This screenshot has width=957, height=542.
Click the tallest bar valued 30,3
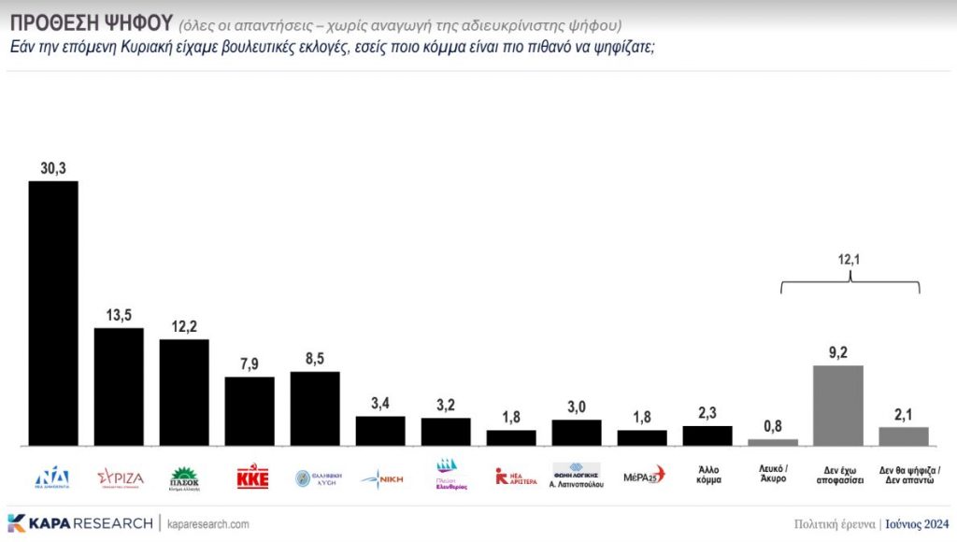53,312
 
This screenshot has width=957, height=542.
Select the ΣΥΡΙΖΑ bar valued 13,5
119,386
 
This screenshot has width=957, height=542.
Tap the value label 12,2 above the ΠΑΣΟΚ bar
184,326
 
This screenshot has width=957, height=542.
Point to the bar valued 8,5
315,408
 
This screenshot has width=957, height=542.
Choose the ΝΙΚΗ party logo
380,478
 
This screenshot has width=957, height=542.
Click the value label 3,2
446,405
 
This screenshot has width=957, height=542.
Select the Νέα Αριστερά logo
511,477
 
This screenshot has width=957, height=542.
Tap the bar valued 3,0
577,433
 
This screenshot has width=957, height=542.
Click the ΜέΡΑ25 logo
642,476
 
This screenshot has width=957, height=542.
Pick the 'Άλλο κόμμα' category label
707,476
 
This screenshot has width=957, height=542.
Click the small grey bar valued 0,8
773,442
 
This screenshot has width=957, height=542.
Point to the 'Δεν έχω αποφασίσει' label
838,476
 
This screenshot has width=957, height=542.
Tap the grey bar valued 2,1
904,436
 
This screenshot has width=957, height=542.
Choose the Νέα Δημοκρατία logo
53,478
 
